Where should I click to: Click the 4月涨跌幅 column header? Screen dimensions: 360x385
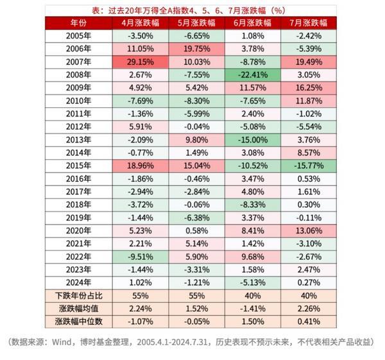140,22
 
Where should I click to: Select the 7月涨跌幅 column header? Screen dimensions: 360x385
309,22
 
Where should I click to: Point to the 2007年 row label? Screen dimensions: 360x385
78,62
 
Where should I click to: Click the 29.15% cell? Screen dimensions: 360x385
140,62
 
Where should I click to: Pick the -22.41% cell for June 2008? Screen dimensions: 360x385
253,74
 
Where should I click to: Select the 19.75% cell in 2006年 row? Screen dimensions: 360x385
196,49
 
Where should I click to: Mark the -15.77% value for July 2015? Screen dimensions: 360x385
309,166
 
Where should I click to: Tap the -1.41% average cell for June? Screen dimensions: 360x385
253,309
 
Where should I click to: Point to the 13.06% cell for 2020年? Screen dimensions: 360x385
309,230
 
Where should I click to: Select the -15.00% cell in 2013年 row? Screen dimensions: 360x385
253,139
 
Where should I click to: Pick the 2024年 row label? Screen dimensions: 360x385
78,282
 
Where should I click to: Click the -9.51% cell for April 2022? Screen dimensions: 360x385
140,257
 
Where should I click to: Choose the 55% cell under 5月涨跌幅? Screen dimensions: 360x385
196,296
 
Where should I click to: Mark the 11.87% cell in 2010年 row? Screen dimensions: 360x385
309,101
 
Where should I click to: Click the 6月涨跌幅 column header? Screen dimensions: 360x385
253,22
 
